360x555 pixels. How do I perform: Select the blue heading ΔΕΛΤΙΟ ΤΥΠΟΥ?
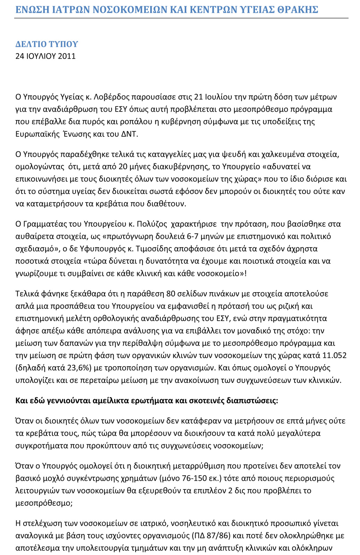(x=47, y=44)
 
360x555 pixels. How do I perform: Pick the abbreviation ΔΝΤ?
(x=129, y=134)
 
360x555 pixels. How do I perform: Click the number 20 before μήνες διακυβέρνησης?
(x=123, y=167)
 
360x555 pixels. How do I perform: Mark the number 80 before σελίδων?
(x=171, y=294)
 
